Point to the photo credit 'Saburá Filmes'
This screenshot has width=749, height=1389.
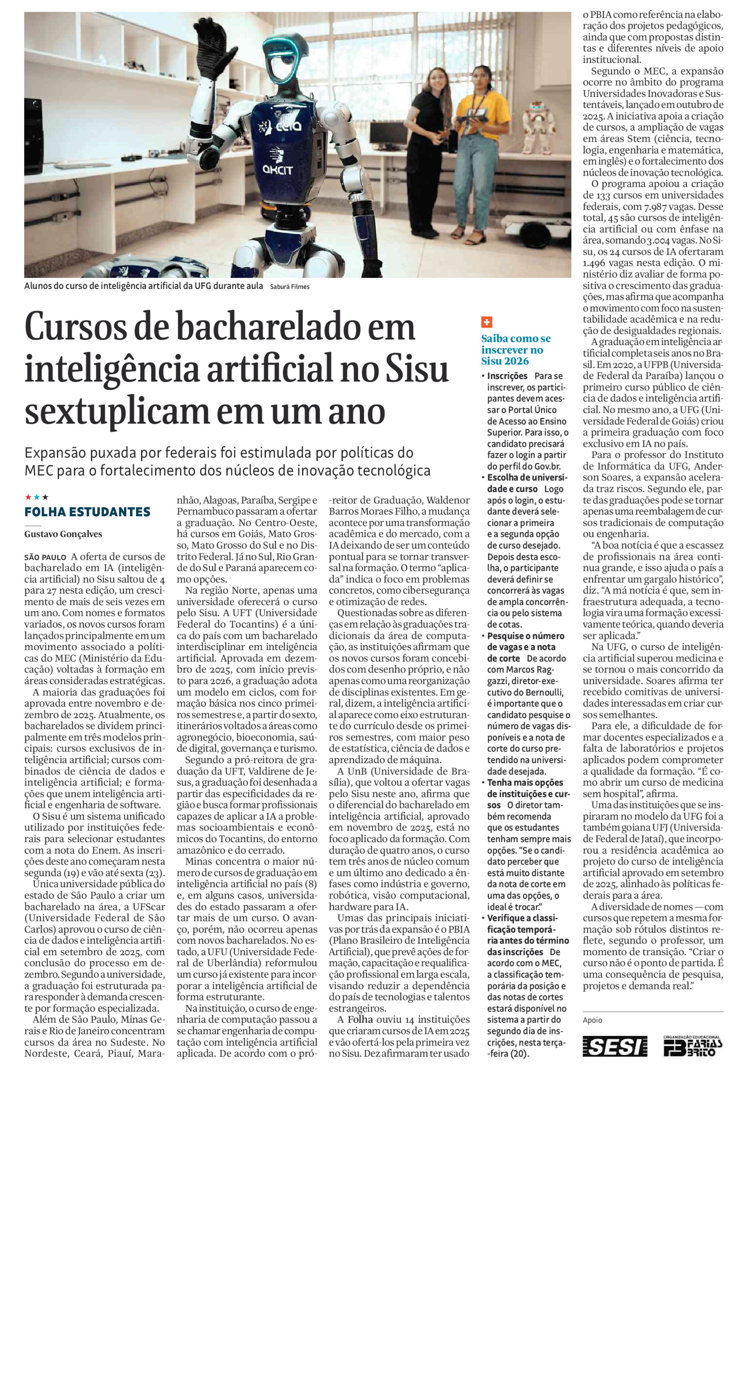tap(290, 287)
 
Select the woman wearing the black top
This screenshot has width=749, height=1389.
tap(438, 135)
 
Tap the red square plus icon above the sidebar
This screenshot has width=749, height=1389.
tap(486, 323)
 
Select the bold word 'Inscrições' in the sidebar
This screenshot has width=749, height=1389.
tap(507, 376)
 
